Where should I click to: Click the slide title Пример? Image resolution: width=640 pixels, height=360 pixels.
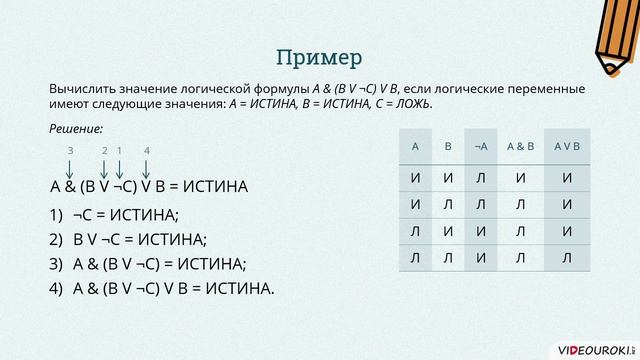(x=319, y=53)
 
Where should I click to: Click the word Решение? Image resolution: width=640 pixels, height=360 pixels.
(x=75, y=128)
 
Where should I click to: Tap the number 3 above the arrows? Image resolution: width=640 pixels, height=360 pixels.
(x=71, y=150)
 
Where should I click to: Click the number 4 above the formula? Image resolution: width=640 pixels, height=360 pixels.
(x=146, y=150)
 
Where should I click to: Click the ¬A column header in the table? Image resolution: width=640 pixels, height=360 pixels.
(x=481, y=146)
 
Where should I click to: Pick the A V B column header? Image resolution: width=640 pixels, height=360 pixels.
(x=566, y=146)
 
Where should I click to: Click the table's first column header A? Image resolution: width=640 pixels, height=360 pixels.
(x=414, y=146)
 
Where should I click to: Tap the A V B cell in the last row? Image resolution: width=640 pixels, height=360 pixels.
(x=566, y=258)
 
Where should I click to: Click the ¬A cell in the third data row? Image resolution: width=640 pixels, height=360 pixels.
(x=481, y=232)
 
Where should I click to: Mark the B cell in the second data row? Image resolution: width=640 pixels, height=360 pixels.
(x=448, y=205)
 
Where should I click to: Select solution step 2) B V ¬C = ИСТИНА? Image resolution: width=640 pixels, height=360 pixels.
(x=139, y=239)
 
